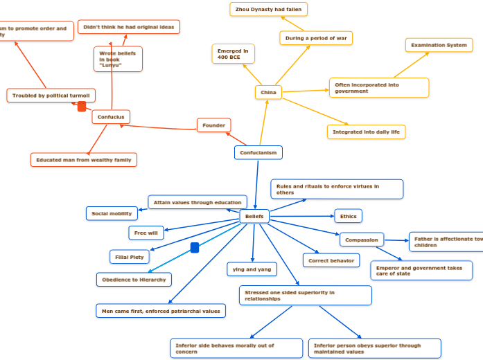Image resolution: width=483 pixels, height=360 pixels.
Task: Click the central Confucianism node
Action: coord(258,152)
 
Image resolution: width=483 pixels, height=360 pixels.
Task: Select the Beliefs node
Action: coord(254,217)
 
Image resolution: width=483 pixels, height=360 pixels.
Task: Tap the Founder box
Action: coord(213,125)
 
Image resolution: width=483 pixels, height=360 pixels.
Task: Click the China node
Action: coord(268,92)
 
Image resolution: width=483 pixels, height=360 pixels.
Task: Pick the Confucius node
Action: coord(111,117)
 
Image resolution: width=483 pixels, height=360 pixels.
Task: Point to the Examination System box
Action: coord(439,45)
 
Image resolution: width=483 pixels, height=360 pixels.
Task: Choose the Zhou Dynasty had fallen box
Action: coord(268,9)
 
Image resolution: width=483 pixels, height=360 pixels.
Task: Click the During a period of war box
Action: coord(316,38)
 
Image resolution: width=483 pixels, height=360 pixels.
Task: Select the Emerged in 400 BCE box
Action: coord(233,54)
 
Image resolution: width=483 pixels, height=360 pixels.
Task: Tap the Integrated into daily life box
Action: coord(366,132)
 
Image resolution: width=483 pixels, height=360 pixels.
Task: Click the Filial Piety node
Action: coord(130,257)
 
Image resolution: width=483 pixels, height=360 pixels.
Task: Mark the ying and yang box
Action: coord(252,269)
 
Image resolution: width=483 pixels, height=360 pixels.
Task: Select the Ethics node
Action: coord(348,216)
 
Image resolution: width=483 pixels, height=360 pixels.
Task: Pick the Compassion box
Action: coord(362,240)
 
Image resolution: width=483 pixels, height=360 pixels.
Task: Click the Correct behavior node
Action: coord(331,260)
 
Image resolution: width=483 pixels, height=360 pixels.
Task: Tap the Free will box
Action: coord(146,233)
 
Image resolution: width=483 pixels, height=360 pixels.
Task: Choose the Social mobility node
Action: coord(112,213)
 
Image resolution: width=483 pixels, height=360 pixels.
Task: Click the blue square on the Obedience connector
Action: coord(195,248)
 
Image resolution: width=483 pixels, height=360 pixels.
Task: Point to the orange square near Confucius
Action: coord(82,107)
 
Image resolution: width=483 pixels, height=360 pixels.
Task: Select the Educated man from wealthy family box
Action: coord(84,160)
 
